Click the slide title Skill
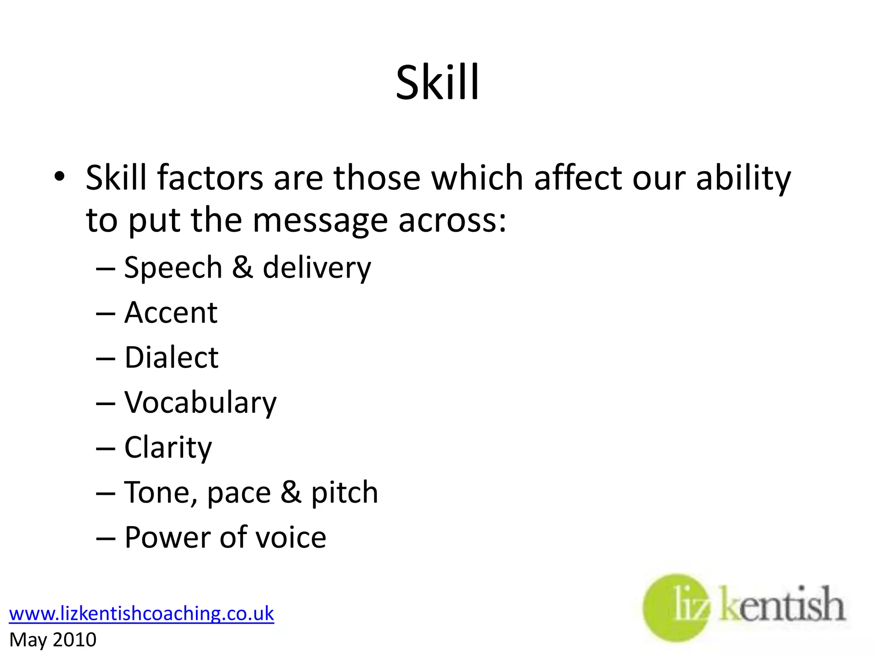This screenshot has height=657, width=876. click(x=437, y=82)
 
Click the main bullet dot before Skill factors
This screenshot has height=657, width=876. click(x=59, y=176)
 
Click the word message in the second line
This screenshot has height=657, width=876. click(x=320, y=222)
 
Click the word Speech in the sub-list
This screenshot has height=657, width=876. click(x=173, y=268)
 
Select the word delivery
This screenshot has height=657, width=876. click(x=317, y=268)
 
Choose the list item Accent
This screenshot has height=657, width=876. click(x=171, y=313)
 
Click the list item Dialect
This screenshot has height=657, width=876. click(x=171, y=357)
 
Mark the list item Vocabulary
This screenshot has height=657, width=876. click(x=200, y=403)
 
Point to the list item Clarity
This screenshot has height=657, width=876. click(x=168, y=448)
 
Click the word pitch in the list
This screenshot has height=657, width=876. click(x=344, y=493)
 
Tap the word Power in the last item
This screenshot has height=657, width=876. click(x=167, y=538)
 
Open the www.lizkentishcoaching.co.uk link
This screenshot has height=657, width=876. click(x=141, y=613)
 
